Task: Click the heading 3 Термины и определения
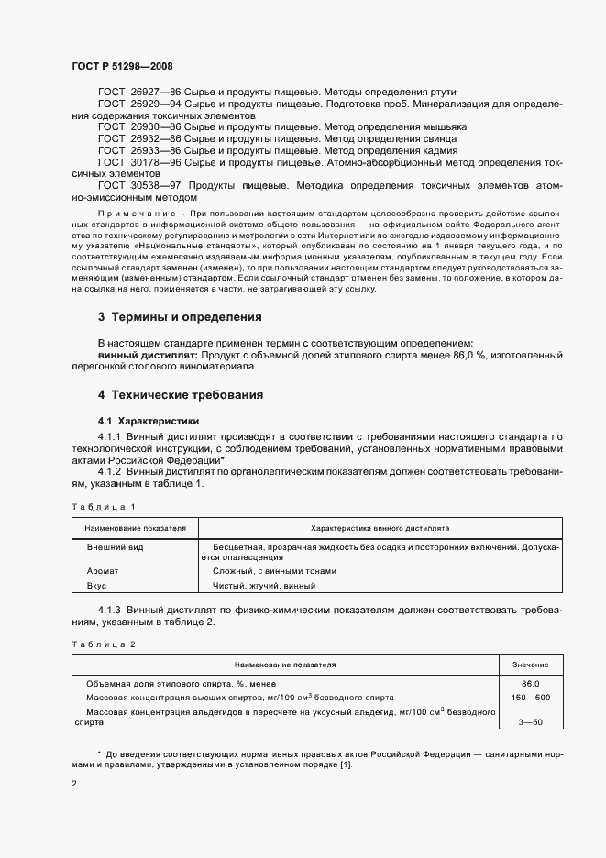[180, 317]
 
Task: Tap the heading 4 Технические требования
[181, 395]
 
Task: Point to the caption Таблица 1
[103, 506]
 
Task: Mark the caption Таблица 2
[103, 644]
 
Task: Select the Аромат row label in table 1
[103, 570]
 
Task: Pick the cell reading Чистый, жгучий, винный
[263, 585]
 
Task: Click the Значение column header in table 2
[530, 665]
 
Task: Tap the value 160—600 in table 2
[530, 697]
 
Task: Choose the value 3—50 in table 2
[530, 723]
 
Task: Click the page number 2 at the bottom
[74, 784]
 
